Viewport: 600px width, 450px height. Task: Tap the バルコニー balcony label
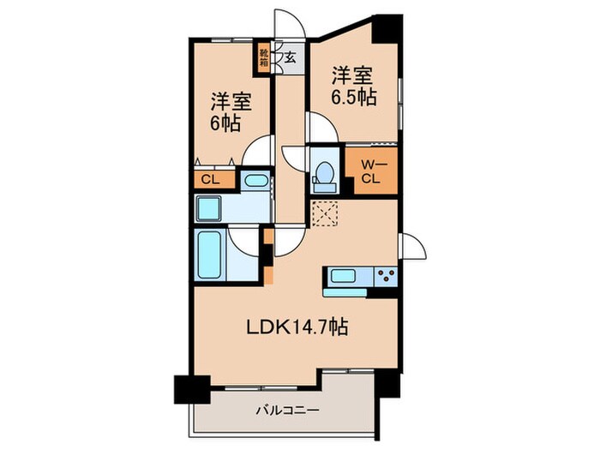pyautogui.click(x=288, y=410)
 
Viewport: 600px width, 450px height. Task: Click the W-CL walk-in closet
pyautogui.click(x=370, y=172)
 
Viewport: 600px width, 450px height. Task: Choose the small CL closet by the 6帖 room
pyautogui.click(x=207, y=180)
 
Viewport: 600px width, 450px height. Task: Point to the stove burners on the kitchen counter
pyautogui.click(x=383, y=276)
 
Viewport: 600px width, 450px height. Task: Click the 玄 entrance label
pyautogui.click(x=291, y=59)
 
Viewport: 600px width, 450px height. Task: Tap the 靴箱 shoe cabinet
pyautogui.click(x=265, y=59)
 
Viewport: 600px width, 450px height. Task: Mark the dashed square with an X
pyautogui.click(x=325, y=212)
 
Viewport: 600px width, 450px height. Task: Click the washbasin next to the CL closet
pyautogui.click(x=254, y=181)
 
